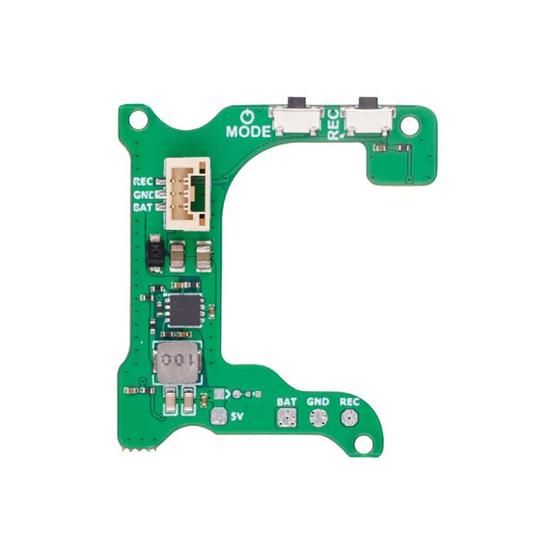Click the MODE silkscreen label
[249, 131]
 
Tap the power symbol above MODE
[246, 116]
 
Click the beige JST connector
[187, 193]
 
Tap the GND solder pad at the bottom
[317, 418]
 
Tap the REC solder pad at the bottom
[349, 418]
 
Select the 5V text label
[238, 416]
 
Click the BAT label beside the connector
[144, 207]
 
